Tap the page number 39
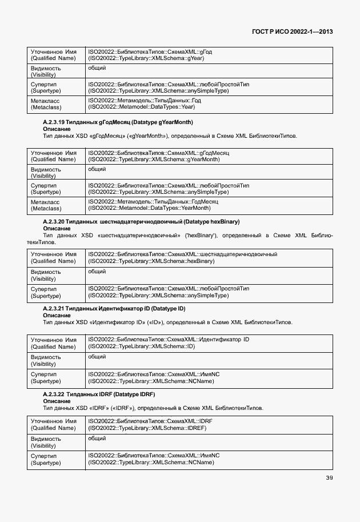329,478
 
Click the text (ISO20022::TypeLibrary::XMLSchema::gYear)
146,58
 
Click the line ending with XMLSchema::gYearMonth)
153,160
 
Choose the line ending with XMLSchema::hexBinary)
151,261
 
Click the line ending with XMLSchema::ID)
142,346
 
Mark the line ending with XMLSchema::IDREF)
147,428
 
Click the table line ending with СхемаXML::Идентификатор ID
168,340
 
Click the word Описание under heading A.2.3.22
57,401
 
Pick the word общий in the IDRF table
97,439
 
